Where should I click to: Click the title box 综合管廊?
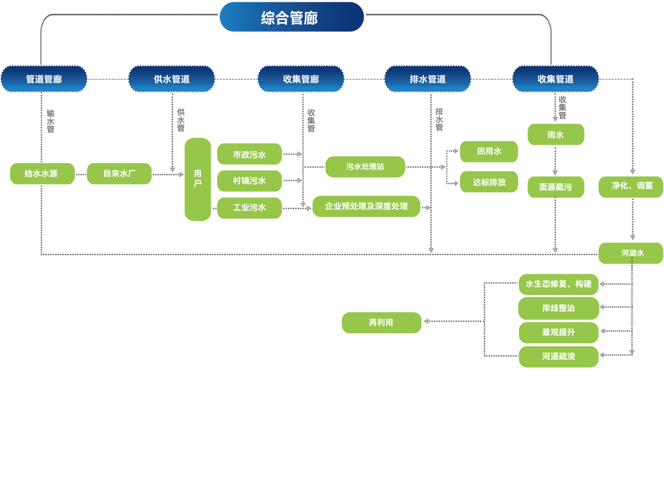291,17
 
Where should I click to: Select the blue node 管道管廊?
44,79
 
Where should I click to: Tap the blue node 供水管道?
171,79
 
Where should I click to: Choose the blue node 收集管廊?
301,79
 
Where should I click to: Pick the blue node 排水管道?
427,79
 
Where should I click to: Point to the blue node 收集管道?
555,79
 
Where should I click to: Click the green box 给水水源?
42,173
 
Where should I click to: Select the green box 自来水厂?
119,173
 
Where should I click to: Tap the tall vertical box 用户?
198,179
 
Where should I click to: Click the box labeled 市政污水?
249,154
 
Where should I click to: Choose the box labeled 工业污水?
249,207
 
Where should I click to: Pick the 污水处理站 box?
365,167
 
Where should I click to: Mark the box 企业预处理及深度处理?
366,206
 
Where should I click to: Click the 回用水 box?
489,151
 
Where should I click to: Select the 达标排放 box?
489,182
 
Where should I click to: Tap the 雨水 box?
556,134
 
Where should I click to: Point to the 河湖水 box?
631,253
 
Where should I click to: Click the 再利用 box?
381,322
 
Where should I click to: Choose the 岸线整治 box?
559,308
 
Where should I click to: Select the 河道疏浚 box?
559,356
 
